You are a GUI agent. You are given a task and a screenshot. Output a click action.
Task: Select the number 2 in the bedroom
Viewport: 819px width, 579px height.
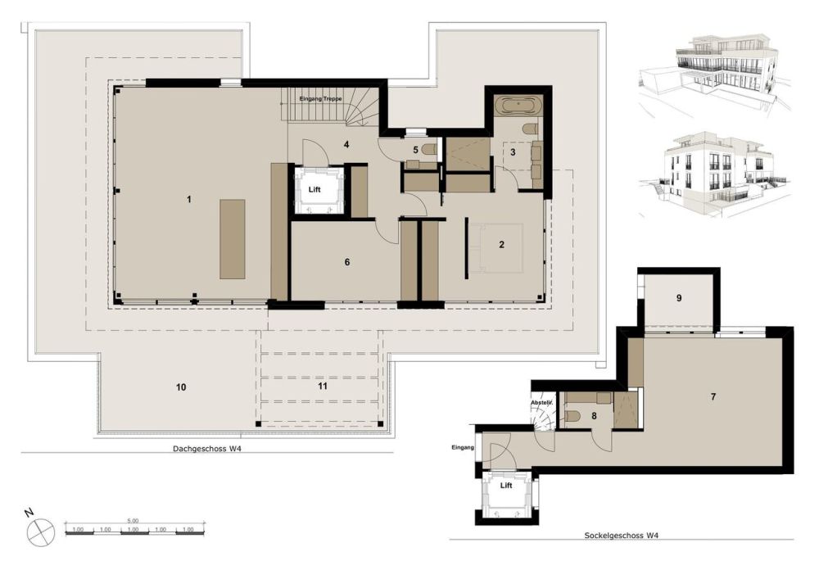(x=501, y=244)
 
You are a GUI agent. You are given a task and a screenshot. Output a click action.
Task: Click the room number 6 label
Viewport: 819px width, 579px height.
(x=347, y=262)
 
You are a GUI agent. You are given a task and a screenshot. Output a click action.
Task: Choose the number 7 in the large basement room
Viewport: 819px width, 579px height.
(x=713, y=397)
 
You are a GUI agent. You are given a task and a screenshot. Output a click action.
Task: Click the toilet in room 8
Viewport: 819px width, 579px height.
(x=573, y=416)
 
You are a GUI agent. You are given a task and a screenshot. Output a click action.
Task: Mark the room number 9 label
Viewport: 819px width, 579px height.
(x=679, y=298)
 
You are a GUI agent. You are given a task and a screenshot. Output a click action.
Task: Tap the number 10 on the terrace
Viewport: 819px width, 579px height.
(x=181, y=386)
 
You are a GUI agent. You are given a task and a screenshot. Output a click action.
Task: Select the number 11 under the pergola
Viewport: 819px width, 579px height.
(x=323, y=386)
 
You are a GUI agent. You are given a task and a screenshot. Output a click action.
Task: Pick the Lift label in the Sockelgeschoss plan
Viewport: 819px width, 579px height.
(x=506, y=486)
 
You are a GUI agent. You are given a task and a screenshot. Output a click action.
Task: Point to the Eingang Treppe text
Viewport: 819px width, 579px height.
(x=321, y=98)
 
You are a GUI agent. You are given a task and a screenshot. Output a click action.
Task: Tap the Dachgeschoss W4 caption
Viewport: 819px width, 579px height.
(x=206, y=448)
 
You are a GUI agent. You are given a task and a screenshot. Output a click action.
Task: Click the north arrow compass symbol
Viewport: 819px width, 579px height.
(x=39, y=532)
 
